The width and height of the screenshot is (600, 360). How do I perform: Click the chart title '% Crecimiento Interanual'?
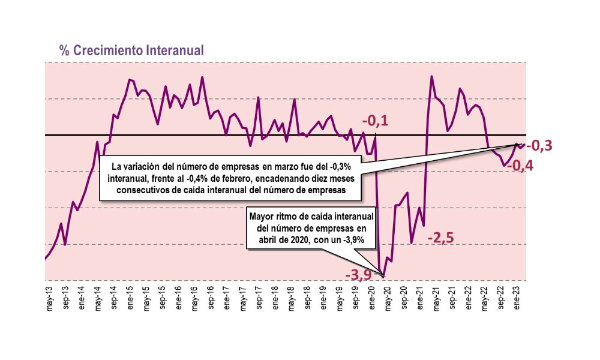[132, 50]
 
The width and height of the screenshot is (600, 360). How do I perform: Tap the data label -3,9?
[358, 275]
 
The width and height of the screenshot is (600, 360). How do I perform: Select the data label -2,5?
[440, 239]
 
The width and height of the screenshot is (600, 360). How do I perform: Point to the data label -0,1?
[375, 122]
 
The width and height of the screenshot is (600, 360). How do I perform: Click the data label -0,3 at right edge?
[539, 145]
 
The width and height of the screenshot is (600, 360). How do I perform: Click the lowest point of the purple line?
[383, 277]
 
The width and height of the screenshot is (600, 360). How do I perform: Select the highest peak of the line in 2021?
[432, 76]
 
